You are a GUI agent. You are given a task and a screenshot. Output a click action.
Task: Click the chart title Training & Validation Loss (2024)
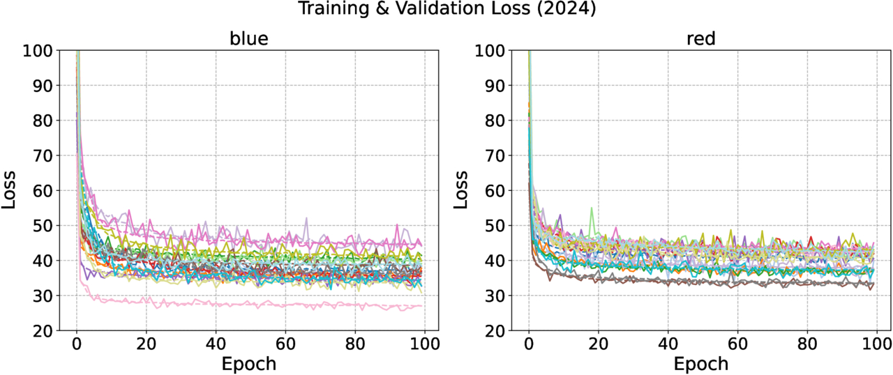(446, 9)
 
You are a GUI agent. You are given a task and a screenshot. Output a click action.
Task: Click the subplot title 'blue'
(249, 39)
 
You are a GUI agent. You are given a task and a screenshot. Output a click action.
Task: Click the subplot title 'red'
(701, 39)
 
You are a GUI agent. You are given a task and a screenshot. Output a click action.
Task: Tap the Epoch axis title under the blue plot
(249, 363)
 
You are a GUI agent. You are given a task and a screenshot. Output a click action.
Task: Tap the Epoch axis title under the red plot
(701, 363)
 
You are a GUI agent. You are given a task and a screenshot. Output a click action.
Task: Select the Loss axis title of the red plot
(463, 190)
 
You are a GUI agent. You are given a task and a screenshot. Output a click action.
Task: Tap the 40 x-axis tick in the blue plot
(216, 344)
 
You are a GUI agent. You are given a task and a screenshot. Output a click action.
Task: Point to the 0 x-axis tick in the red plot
(529, 344)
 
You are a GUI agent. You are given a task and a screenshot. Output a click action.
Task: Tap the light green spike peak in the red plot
(592, 208)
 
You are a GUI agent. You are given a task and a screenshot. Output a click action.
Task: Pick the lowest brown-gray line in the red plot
(698, 282)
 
